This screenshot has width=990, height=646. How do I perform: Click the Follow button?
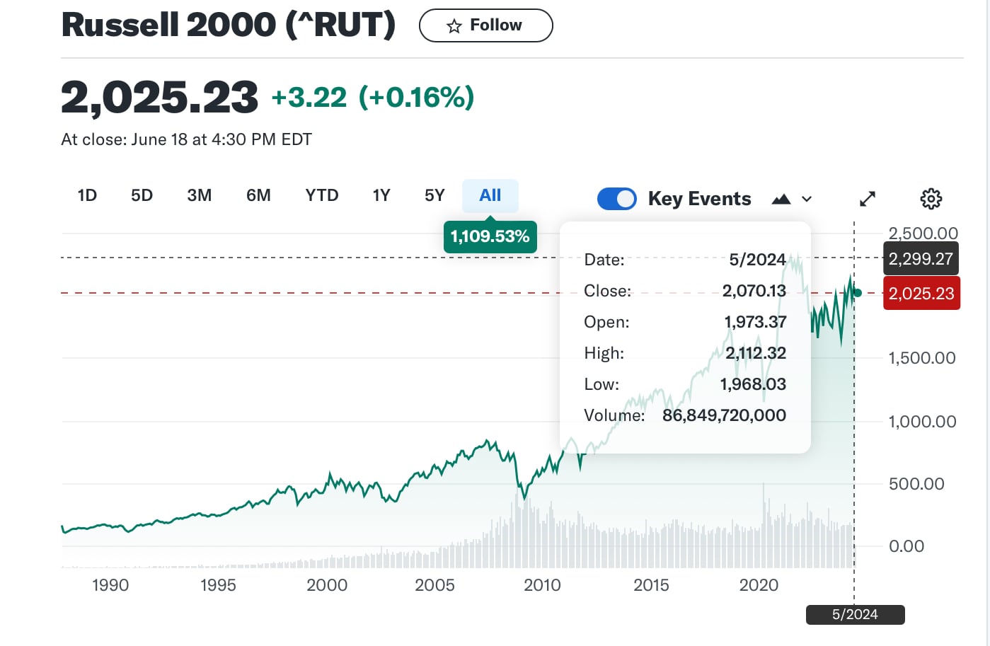coord(485,25)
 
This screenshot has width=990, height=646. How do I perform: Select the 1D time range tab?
coord(87,195)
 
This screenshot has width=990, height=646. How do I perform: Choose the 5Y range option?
coord(434,195)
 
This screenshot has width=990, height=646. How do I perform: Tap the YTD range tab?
coord(322,195)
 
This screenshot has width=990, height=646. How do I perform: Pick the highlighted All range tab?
coord(490,195)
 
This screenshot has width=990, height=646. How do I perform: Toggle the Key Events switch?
coord(617,199)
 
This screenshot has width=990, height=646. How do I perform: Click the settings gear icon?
coord(931,199)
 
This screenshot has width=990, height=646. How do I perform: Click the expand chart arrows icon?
coord(868,199)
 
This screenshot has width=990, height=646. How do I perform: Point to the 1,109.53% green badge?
coord(490,236)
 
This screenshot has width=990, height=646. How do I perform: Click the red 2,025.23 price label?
coord(921,293)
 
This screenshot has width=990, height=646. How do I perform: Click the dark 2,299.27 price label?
coord(921,258)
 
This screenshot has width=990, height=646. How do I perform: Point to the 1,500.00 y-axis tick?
coord(922,358)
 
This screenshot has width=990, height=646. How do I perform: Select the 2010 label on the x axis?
coord(542,585)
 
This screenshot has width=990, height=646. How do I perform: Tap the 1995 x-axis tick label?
coord(218,585)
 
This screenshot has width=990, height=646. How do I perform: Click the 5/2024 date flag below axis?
coord(855,615)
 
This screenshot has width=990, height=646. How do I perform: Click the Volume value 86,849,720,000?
coord(724,415)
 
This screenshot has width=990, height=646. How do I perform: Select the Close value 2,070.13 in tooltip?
coord(754,291)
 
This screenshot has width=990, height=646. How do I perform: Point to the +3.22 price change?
coord(309,98)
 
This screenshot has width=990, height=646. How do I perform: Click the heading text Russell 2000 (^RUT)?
coord(229,25)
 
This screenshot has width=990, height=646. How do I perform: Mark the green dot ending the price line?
coord(858,293)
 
